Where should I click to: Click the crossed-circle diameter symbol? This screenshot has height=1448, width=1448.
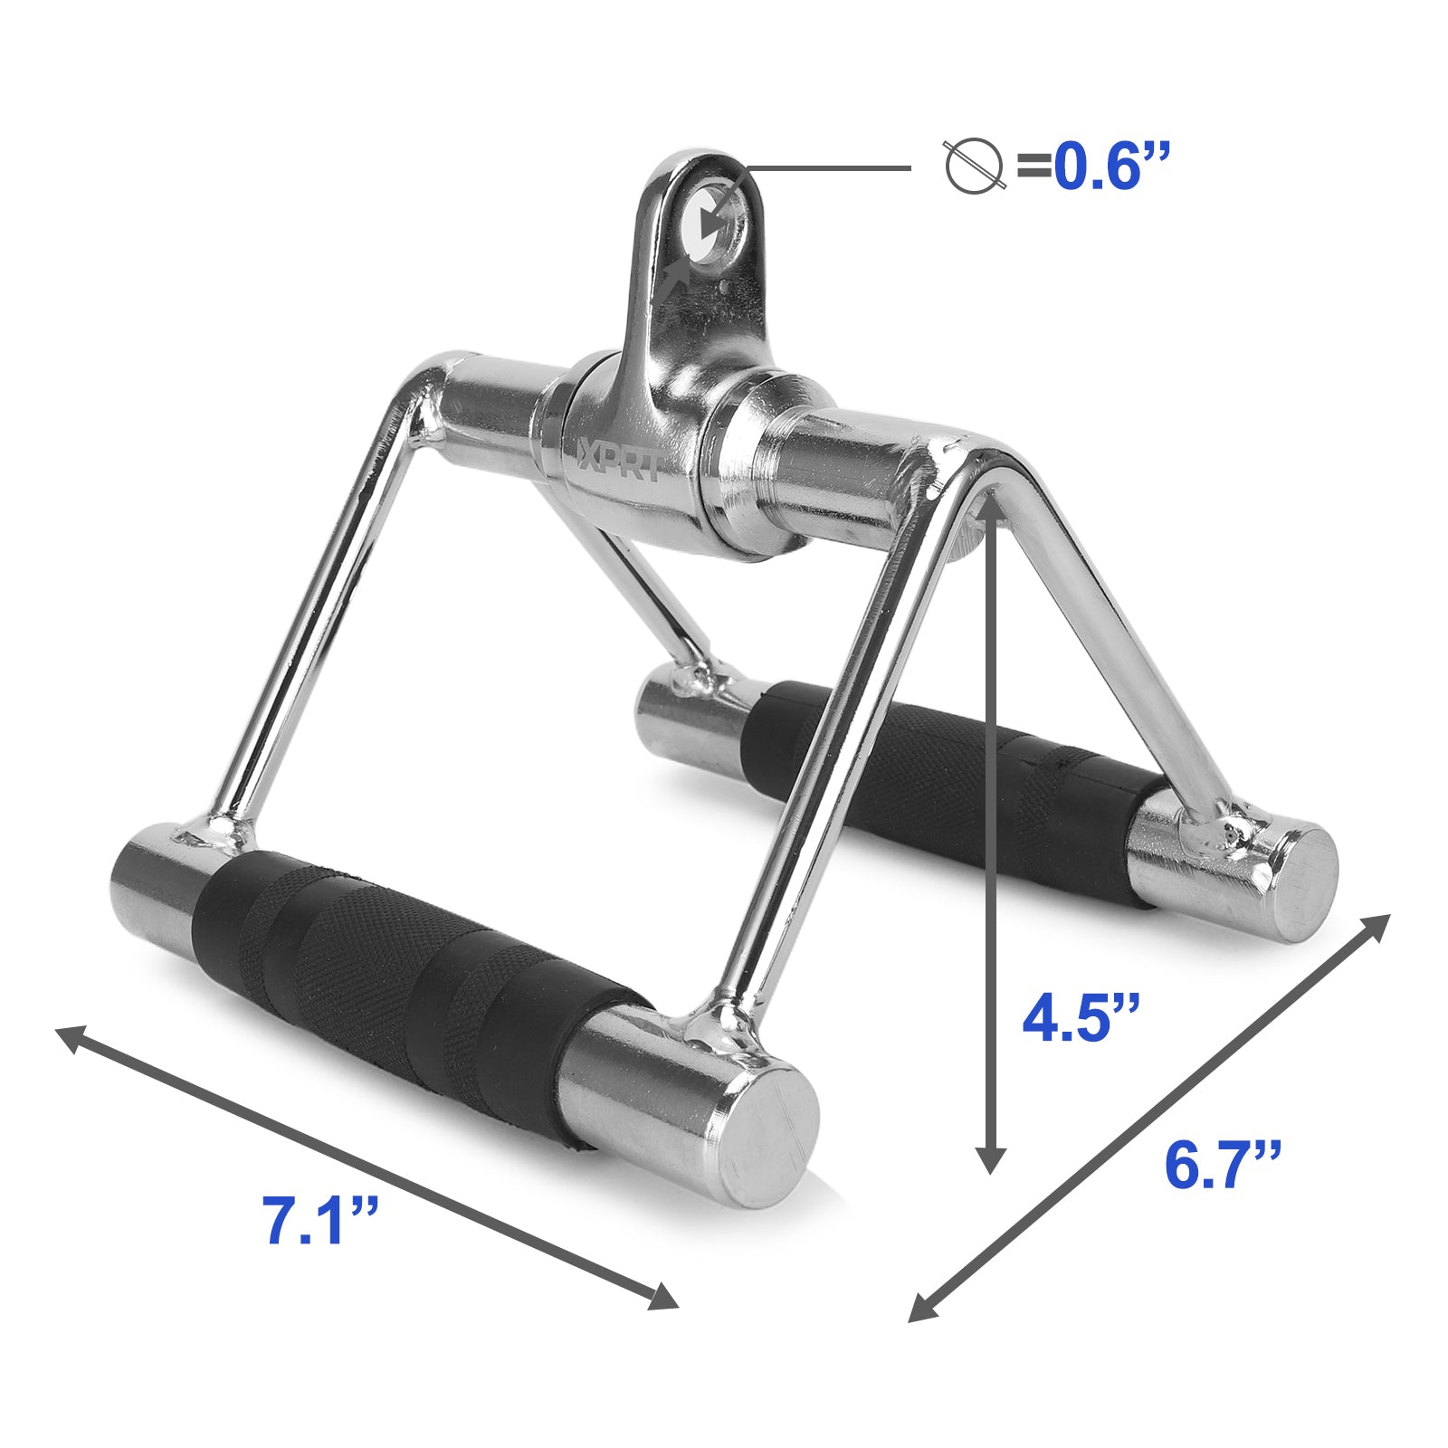coord(976,167)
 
